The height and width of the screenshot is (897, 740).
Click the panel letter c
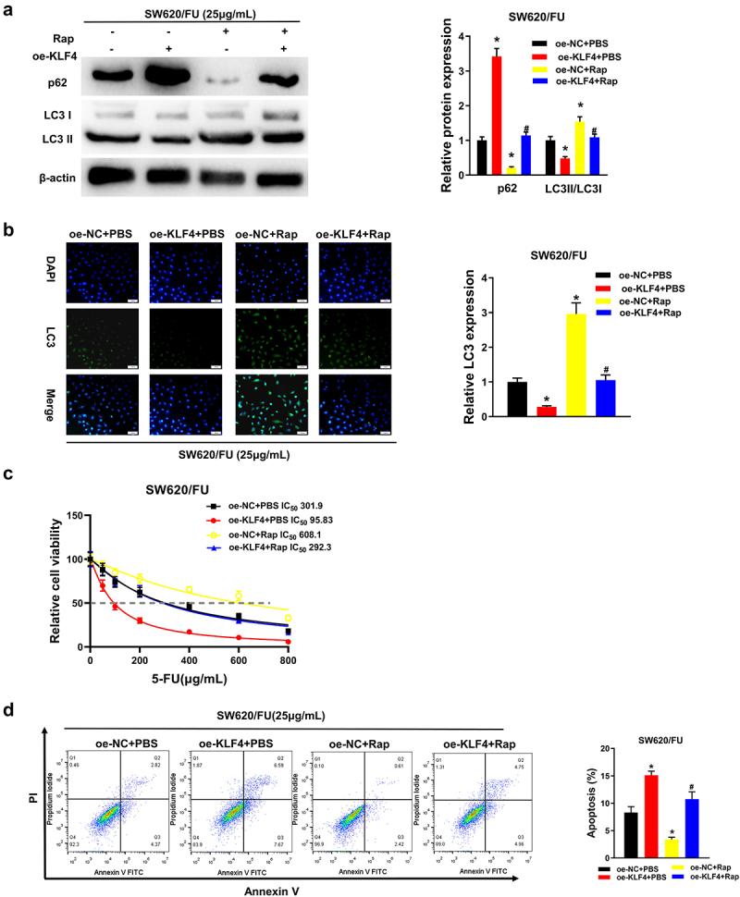click(7, 476)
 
